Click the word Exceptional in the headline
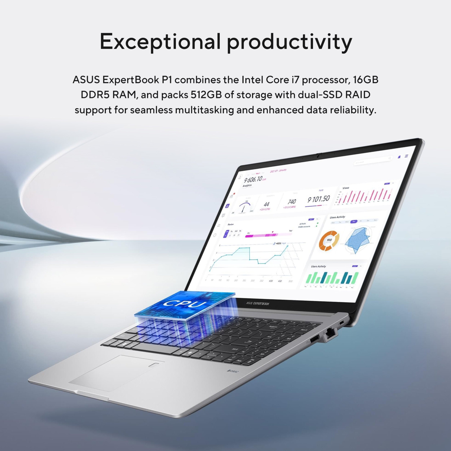(160, 41)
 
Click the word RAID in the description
(357, 95)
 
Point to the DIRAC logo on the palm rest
(233, 372)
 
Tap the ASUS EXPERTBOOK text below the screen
(257, 303)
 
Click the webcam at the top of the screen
(318, 156)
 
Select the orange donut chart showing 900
(329, 240)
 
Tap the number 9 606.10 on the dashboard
(253, 179)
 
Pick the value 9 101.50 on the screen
(318, 199)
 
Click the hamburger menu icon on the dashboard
(406, 156)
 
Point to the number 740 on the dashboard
(292, 202)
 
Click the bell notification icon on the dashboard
(399, 157)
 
